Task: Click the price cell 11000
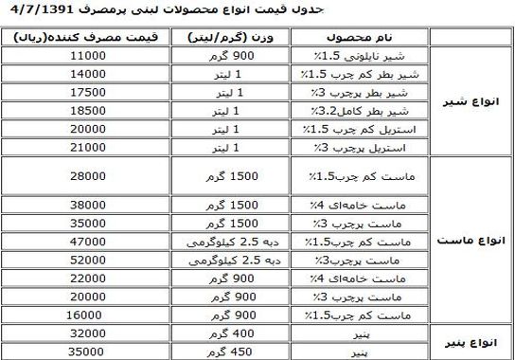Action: click(86, 57)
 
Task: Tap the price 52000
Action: click(86, 260)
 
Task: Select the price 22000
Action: click(86, 277)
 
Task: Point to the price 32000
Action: click(86, 333)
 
